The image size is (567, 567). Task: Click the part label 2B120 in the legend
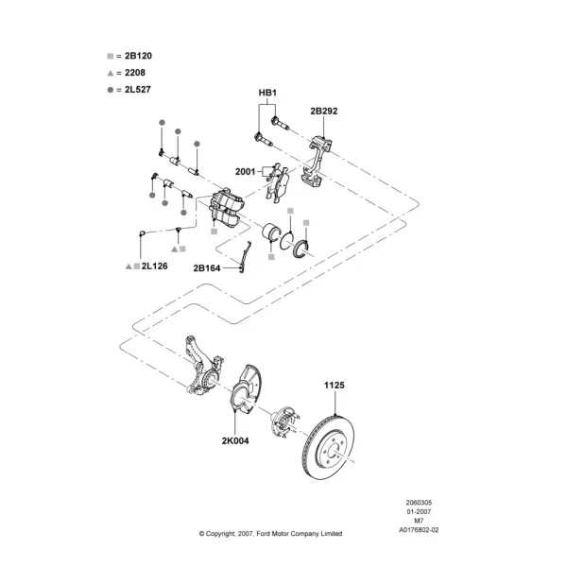pyautogui.click(x=138, y=56)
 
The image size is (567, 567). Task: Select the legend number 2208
pyautogui.click(x=135, y=73)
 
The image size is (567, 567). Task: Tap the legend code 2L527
pyautogui.click(x=138, y=90)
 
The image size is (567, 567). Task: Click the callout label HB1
pyautogui.click(x=267, y=93)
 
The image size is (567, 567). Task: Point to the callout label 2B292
pyautogui.click(x=323, y=111)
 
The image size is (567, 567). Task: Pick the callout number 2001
pyautogui.click(x=245, y=171)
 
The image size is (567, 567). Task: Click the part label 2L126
pyautogui.click(x=154, y=266)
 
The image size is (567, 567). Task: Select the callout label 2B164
pyautogui.click(x=207, y=268)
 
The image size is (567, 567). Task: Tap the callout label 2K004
pyautogui.click(x=235, y=440)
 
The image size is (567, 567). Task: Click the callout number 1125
pyautogui.click(x=335, y=386)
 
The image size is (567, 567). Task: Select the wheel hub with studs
pyautogui.click(x=284, y=421)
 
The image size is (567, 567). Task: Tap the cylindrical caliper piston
pyautogui.click(x=270, y=232)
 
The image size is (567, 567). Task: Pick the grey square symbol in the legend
pyautogui.click(x=111, y=56)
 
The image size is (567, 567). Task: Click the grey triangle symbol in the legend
pyautogui.click(x=111, y=73)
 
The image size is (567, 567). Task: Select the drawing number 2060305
pyautogui.click(x=419, y=503)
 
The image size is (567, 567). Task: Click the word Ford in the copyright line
pyautogui.click(x=264, y=533)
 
